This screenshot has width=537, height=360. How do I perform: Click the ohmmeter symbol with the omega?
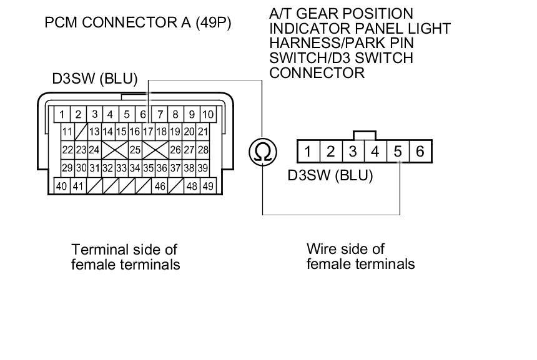pos(263,152)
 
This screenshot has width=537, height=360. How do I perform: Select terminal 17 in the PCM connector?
pos(148,132)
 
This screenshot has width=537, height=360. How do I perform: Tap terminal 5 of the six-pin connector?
pos(398,151)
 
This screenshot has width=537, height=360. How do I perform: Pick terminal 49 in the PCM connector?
pos(207,186)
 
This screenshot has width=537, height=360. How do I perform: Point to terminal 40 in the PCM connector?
pos(62,186)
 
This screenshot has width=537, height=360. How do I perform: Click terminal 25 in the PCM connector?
pos(134,150)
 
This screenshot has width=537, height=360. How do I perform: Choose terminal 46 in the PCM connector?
pos(160,186)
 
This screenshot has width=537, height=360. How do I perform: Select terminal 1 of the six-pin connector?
pos(308,151)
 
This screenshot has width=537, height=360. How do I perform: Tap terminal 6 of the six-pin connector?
pos(420,151)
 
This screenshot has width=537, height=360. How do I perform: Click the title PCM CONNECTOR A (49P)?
pos(138,24)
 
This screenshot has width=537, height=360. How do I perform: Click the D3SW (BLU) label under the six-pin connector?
pos(330,175)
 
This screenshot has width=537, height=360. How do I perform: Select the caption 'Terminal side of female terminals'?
pos(126,257)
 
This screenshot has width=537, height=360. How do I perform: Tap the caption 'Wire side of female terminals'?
pos(360,256)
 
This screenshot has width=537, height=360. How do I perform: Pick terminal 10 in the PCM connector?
pos(208,114)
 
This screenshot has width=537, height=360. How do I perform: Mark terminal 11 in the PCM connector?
pos(67,132)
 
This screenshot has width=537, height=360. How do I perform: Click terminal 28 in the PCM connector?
pos(203,150)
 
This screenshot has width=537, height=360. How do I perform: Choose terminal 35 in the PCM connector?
pos(148,168)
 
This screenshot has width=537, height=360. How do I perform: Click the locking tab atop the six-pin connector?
pos(364,135)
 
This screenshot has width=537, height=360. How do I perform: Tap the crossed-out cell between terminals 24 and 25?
pos(114,150)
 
